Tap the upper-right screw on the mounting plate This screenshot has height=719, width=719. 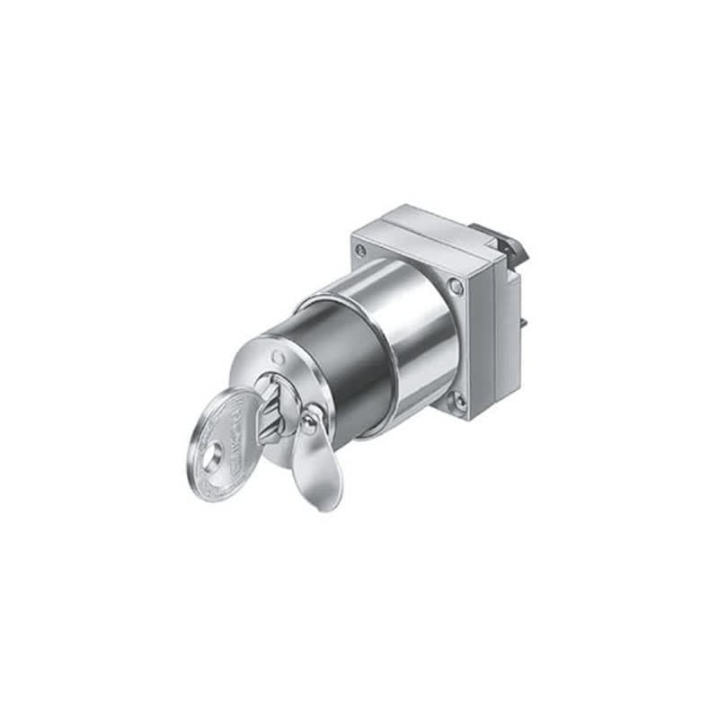(456, 287)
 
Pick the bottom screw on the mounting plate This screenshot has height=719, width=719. (460, 401)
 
